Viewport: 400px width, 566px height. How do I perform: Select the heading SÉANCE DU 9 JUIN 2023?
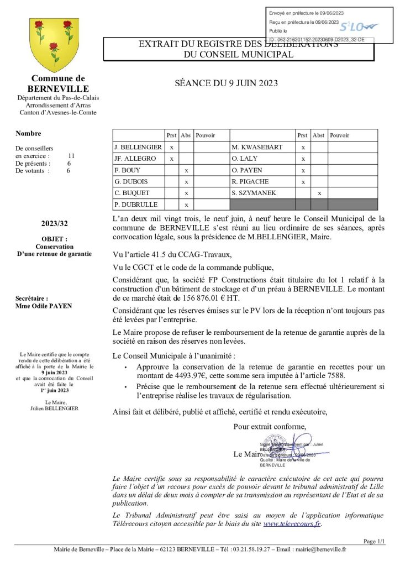226,83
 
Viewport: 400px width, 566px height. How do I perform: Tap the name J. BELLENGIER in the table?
138,147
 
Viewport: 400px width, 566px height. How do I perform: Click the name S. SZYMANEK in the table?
255,193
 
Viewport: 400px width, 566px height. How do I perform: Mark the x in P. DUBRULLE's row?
187,205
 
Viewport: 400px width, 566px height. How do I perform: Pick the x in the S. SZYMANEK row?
319,193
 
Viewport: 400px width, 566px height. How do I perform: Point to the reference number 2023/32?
55,224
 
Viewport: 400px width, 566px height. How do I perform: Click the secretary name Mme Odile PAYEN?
44,305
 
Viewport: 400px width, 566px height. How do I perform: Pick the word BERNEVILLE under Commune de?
58,88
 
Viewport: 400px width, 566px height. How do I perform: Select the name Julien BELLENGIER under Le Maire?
55,408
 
